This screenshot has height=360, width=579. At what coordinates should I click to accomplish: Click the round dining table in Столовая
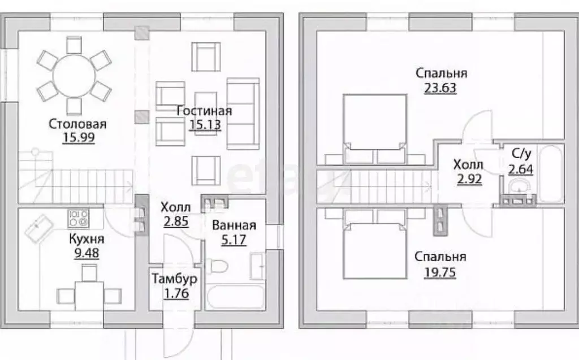[74, 73]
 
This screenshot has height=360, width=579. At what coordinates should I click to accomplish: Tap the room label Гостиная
[204, 111]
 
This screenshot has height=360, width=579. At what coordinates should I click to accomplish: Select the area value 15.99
[78, 137]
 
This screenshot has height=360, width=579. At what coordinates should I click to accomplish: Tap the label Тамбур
[174, 278]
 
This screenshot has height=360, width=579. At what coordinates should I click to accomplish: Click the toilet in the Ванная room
[218, 266]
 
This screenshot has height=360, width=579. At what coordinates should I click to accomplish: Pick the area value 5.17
[234, 239]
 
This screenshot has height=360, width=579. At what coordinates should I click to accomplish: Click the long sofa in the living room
[243, 114]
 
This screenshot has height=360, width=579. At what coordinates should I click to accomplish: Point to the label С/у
[520, 153]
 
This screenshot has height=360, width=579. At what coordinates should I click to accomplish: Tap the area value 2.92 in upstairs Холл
[468, 179]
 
